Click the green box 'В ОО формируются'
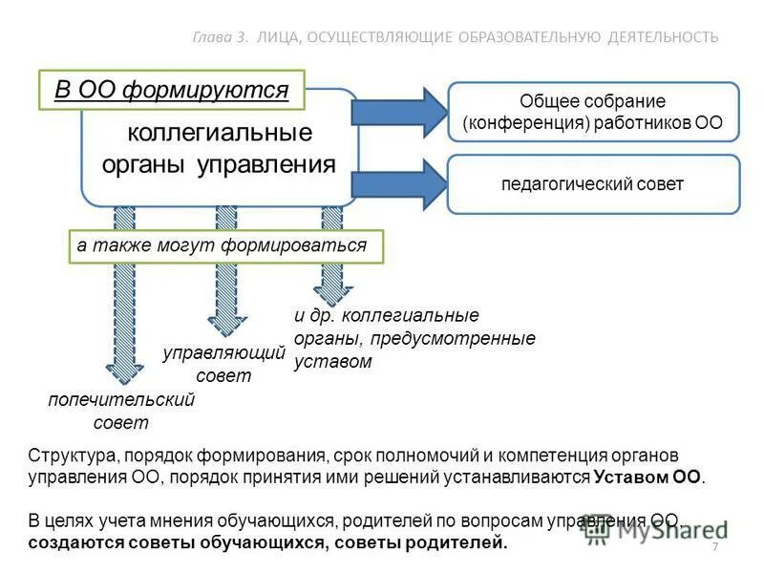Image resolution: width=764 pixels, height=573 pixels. point(171,91)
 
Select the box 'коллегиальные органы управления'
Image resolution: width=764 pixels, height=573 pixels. point(219,147)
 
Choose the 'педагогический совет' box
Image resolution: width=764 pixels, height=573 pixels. point(593,184)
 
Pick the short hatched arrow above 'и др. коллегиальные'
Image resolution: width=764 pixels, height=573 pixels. point(331,277)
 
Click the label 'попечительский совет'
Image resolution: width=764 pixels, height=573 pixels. point(121,411)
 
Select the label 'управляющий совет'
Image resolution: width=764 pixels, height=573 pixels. point(224,364)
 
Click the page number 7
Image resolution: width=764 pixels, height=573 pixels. point(713,545)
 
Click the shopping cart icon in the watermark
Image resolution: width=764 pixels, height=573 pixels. point(598,530)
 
